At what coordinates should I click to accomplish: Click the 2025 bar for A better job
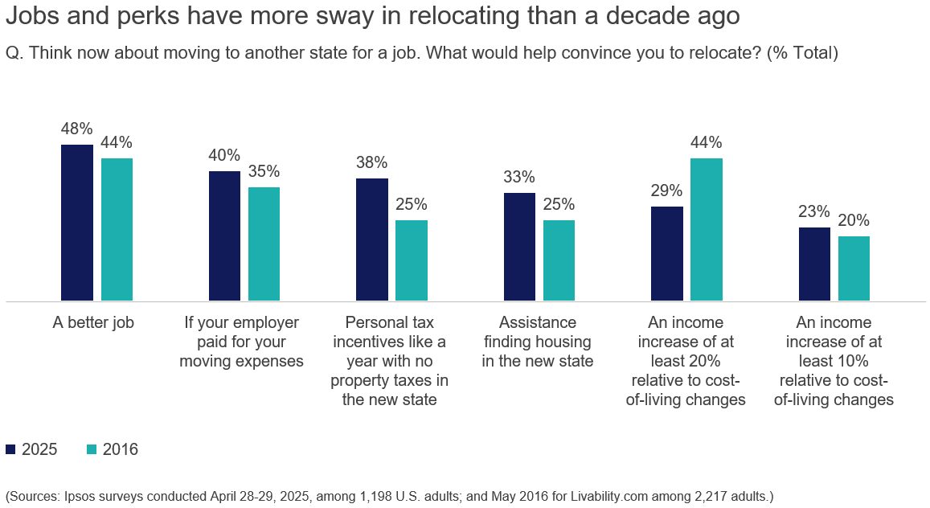pyautogui.click(x=77, y=223)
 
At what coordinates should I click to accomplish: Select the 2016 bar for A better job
pyautogui.click(x=117, y=230)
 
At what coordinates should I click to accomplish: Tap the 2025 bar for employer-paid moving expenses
pyautogui.click(x=224, y=236)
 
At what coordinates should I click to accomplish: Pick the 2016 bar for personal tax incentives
pyautogui.click(x=412, y=260)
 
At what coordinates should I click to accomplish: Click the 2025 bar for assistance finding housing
pyautogui.click(x=519, y=247)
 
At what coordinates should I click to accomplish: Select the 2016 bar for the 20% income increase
pyautogui.click(x=707, y=230)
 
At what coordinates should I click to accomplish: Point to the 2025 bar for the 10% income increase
pyautogui.click(x=814, y=264)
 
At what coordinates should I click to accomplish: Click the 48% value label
pyautogui.click(x=77, y=129)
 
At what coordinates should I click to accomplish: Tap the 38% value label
pyautogui.click(x=372, y=162)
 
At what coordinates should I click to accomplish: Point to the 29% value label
pyautogui.click(x=666, y=190)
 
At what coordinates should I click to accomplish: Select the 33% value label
pyautogui.click(x=519, y=177)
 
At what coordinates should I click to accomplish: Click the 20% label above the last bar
pyautogui.click(x=854, y=220)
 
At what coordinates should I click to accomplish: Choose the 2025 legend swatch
pyautogui.click(x=10, y=449)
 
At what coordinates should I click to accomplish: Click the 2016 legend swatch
pyautogui.click(x=92, y=449)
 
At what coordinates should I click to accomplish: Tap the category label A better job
pyautogui.click(x=93, y=323)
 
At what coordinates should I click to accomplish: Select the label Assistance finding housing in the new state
pyautogui.click(x=538, y=342)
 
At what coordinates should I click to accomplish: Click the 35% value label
pyautogui.click(x=264, y=171)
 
